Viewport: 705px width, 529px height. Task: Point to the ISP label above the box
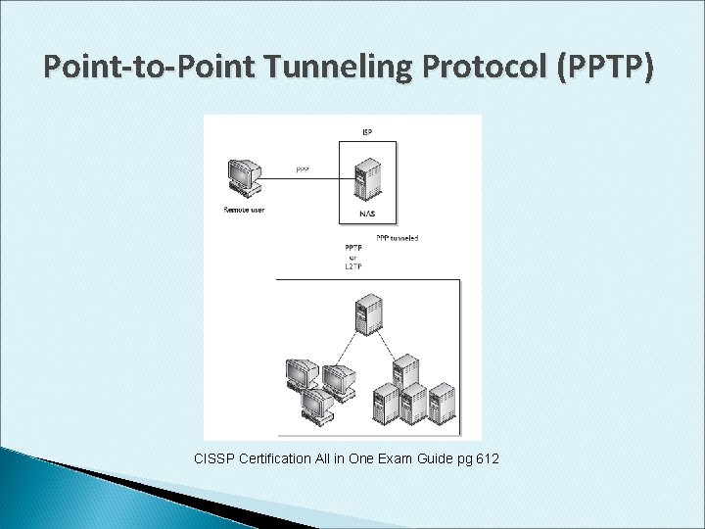pos(367,131)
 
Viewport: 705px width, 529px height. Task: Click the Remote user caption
pos(244,210)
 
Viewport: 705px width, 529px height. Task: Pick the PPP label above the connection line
pos(304,169)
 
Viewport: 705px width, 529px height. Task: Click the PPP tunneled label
pos(398,238)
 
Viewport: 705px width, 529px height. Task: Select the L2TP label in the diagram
pos(353,266)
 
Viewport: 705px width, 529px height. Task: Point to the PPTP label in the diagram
pos(353,248)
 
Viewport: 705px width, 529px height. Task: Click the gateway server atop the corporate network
pos(369,314)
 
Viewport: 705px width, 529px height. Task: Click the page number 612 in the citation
pos(487,457)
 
